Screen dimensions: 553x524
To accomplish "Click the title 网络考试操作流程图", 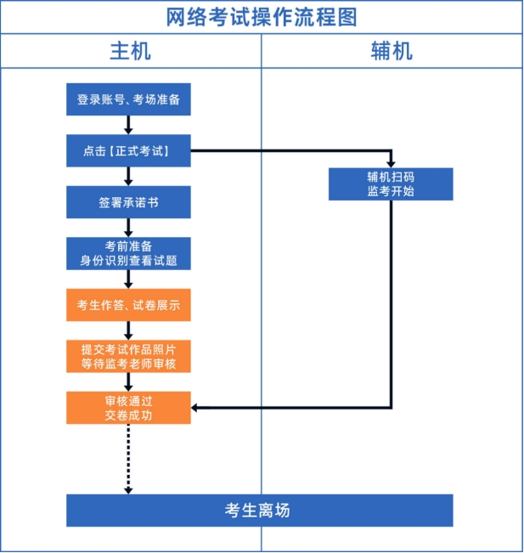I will (x=262, y=16).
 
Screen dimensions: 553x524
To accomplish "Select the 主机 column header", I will (x=130, y=51).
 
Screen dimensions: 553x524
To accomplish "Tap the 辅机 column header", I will (x=392, y=51).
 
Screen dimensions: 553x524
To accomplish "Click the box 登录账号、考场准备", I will (x=128, y=99).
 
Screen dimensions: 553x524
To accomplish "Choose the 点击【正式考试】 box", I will (x=128, y=151).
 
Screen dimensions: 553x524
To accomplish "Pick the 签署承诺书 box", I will (x=128, y=202).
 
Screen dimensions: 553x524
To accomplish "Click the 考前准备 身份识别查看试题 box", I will (x=128, y=253).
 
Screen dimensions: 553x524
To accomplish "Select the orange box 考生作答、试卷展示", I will (x=128, y=305).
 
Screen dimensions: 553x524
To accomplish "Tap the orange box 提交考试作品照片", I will (x=128, y=356).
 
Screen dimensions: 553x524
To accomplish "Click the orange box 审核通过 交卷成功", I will (x=128, y=408).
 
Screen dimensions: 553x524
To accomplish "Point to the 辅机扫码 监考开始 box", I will (x=391, y=183).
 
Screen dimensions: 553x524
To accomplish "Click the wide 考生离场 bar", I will (x=259, y=511).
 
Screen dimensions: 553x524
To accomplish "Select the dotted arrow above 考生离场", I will (x=128, y=459).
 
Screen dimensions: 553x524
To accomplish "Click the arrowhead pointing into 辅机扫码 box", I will (x=391, y=162).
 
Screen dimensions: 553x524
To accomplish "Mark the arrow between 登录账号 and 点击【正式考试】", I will (x=128, y=125).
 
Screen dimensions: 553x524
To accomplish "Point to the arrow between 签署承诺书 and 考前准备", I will (x=128, y=228).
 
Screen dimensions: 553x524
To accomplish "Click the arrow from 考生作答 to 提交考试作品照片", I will (x=128, y=330).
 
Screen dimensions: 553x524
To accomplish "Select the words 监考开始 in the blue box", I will (x=391, y=191).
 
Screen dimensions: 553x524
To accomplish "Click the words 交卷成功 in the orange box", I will (x=128, y=415).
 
